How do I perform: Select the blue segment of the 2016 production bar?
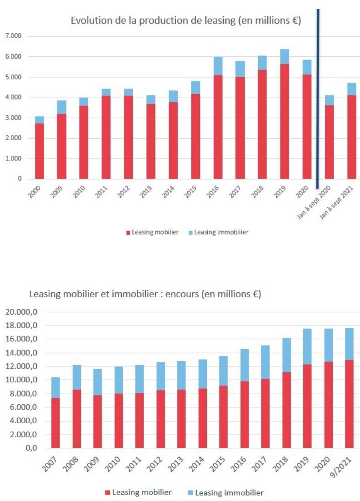tap(217, 66)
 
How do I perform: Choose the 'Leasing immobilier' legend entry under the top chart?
tap(221, 232)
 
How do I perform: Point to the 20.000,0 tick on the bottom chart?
tap(27, 312)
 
